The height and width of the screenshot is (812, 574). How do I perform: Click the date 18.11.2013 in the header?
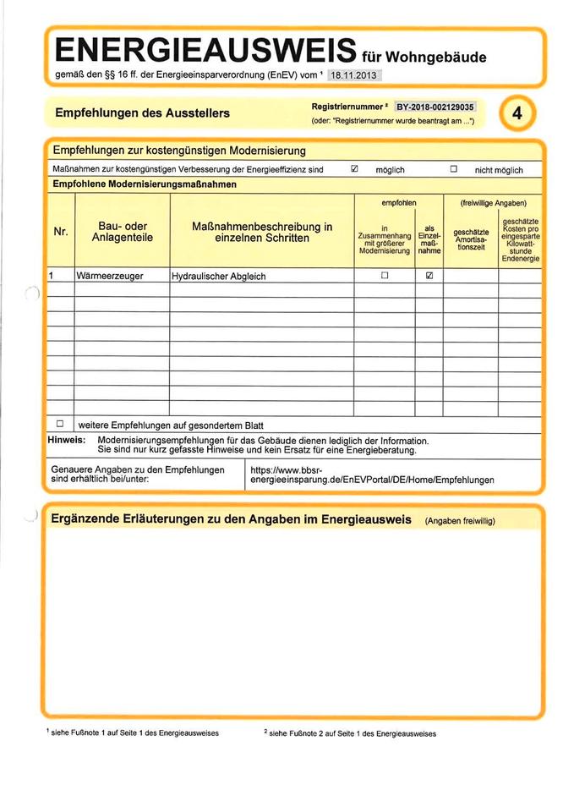353,76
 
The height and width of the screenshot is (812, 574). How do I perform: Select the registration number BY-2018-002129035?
435,107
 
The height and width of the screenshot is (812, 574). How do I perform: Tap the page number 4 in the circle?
517,114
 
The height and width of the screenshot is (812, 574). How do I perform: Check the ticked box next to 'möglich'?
355,169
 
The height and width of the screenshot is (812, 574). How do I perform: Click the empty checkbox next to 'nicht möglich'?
453,169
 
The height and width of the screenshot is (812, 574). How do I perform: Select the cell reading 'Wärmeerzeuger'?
110,276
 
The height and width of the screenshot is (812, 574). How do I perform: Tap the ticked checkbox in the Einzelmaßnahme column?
430,276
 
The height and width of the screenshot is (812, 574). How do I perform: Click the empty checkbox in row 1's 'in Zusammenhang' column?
385,276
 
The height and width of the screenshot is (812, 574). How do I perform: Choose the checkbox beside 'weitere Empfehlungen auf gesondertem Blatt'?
60,423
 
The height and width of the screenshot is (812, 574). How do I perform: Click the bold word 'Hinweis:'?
66,441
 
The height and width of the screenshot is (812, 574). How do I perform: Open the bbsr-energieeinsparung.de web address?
372,475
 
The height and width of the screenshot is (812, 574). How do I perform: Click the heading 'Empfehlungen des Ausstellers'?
142,112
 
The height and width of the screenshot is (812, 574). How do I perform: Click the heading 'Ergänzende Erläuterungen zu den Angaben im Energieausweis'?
231,518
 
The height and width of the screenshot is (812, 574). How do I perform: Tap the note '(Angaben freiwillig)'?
459,520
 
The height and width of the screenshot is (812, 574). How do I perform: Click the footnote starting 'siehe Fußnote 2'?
350,733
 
